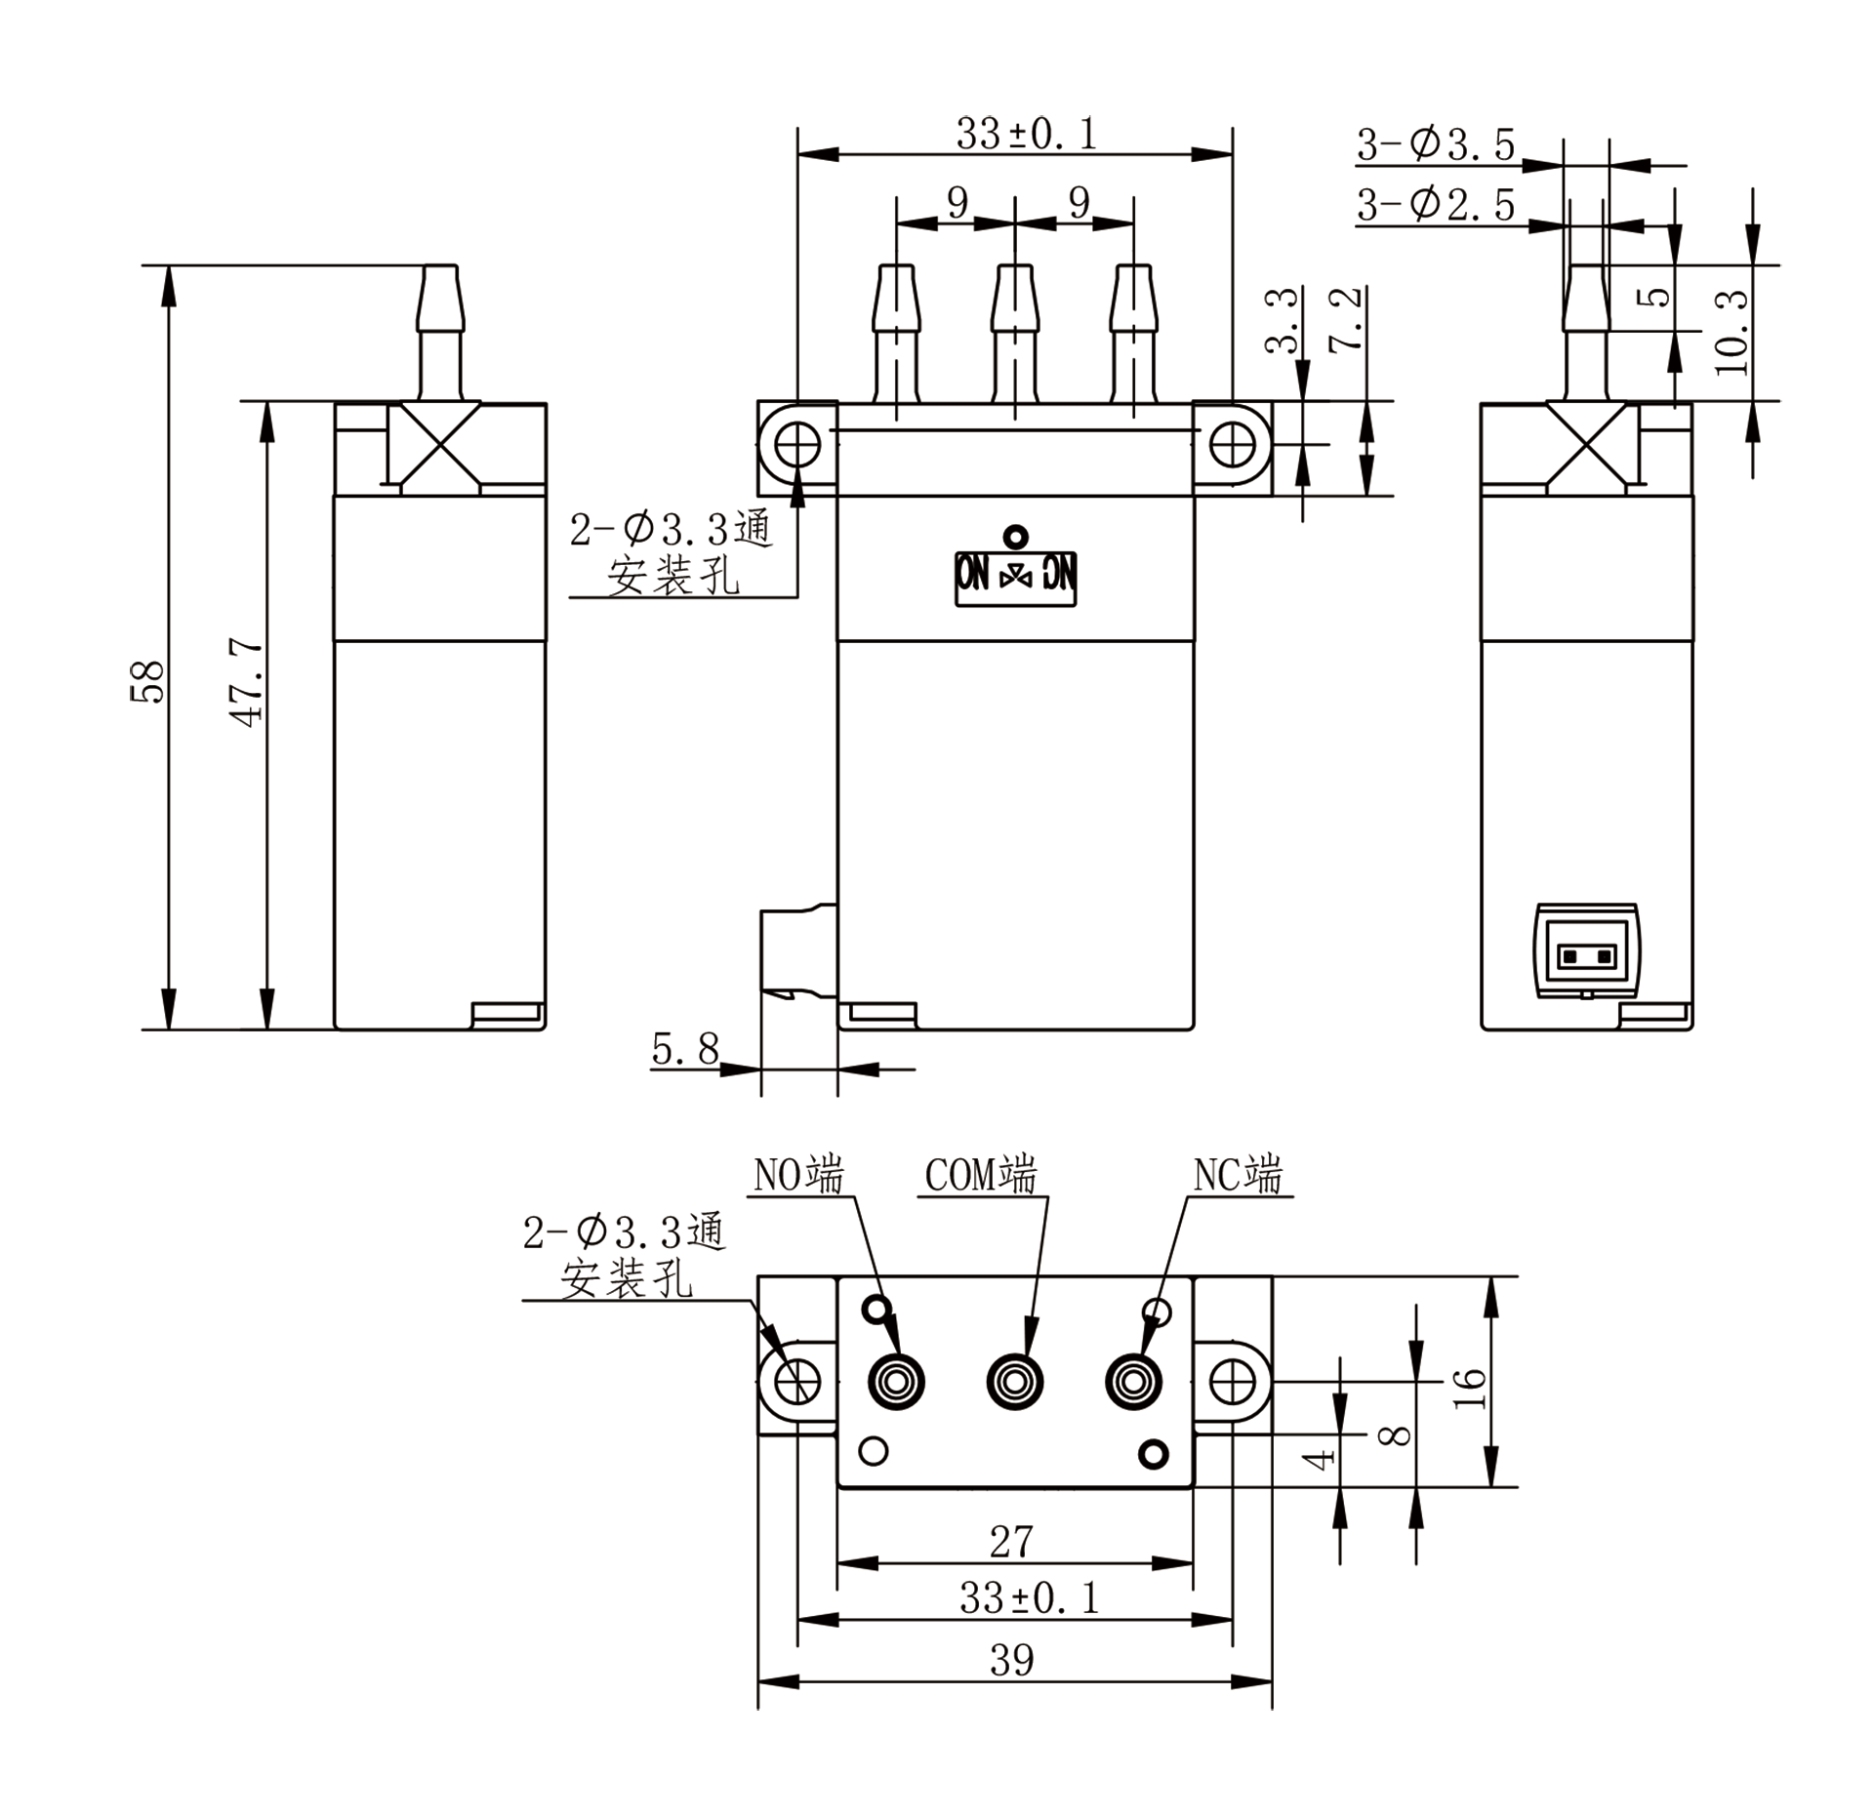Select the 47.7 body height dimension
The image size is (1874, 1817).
(246, 682)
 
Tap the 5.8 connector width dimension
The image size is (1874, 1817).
(684, 1049)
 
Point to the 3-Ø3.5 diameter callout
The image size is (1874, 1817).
(1435, 145)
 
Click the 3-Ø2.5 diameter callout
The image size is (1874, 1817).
(1435, 205)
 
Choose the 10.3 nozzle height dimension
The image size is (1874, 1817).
(1731, 333)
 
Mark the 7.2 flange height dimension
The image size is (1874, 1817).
(1346, 320)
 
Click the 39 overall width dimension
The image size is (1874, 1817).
(1011, 1659)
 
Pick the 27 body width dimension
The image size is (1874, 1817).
(1011, 1541)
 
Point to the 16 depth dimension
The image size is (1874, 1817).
(1470, 1387)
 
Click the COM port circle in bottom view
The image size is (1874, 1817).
(1015, 1382)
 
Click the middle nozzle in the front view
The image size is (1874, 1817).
(1015, 332)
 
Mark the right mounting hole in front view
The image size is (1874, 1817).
(1232, 445)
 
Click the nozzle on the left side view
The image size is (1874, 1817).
(440, 332)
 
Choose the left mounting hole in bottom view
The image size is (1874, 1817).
(797, 1382)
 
